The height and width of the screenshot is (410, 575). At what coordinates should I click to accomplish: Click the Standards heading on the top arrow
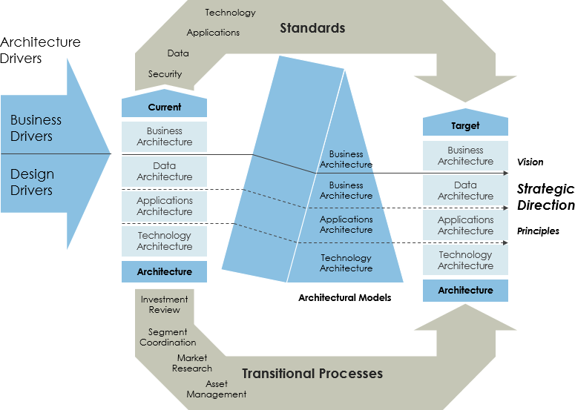(x=312, y=28)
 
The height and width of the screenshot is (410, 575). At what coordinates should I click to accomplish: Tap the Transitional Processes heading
(x=312, y=373)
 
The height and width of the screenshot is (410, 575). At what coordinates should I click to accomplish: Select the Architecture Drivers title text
(x=41, y=50)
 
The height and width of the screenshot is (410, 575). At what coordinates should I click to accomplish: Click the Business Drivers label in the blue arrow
(x=36, y=128)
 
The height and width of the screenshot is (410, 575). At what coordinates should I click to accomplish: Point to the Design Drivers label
(x=32, y=182)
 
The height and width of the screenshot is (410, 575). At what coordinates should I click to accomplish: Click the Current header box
(x=164, y=107)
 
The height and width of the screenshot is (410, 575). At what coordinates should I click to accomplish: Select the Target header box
(x=465, y=125)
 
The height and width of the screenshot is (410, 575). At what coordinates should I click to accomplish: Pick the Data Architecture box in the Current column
(x=164, y=171)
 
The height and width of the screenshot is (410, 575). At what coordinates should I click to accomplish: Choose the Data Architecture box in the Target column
(x=465, y=191)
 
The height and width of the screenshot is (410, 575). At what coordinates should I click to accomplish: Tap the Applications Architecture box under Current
(x=164, y=206)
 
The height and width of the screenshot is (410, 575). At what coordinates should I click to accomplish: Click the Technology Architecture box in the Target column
(x=465, y=260)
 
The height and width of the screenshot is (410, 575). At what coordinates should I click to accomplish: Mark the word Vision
(x=530, y=162)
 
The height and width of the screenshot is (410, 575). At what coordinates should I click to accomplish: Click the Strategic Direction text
(x=545, y=197)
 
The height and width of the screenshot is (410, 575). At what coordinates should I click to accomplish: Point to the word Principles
(x=538, y=231)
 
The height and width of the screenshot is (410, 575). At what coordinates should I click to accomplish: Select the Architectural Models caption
(x=344, y=297)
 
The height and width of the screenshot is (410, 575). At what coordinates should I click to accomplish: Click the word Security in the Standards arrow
(x=165, y=74)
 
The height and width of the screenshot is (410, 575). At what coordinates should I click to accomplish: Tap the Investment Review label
(x=164, y=305)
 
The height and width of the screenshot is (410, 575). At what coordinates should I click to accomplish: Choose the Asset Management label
(x=217, y=389)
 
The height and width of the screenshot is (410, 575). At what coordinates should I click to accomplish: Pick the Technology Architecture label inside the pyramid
(x=346, y=263)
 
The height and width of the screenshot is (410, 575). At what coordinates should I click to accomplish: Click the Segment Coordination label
(x=168, y=337)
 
